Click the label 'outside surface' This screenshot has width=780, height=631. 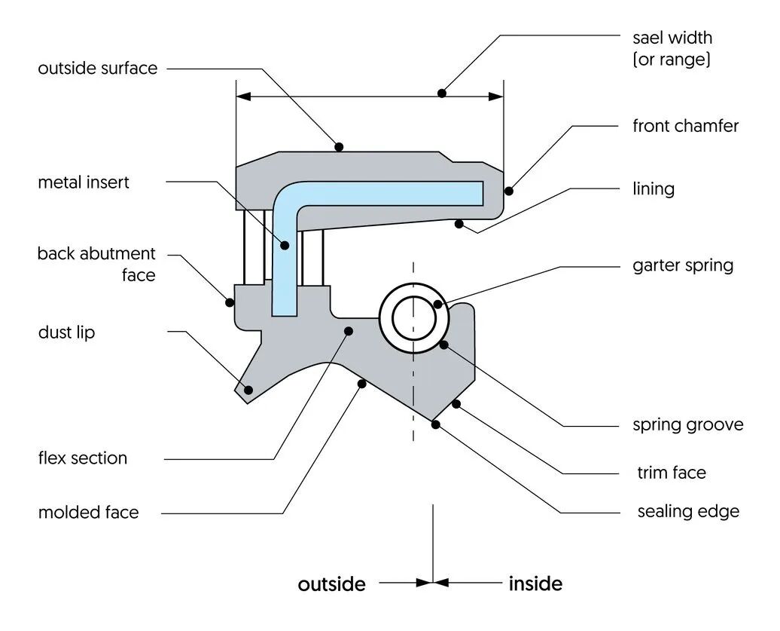point(98,69)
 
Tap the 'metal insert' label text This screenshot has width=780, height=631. point(84,182)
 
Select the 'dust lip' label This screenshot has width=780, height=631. point(66,332)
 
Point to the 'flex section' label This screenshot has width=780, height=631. point(83,458)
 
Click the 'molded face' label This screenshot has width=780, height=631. point(89,513)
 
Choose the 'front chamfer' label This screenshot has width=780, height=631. point(685,126)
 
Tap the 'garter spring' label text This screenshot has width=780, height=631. point(683,265)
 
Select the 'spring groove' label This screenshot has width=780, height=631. point(687,425)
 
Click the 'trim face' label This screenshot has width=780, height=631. point(672,473)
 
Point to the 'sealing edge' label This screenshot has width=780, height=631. point(688,512)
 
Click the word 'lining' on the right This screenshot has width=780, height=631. point(654,188)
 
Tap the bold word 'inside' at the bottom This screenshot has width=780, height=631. point(535,584)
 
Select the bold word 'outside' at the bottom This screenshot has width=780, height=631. point(331,585)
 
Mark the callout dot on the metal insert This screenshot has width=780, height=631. point(285,244)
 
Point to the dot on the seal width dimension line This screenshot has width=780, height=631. point(442,93)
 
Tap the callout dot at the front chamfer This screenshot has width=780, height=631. point(508,190)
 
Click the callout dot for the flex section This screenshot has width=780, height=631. point(348,330)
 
